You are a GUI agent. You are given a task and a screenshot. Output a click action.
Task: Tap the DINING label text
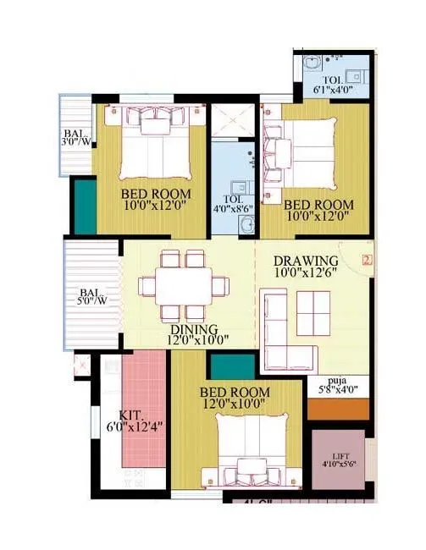click(x=194, y=329)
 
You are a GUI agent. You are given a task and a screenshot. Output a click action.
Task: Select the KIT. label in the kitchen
click(x=130, y=415)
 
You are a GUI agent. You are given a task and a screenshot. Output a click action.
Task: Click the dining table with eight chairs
click(x=183, y=285)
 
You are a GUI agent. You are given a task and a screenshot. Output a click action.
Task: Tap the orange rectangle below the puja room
click(x=338, y=409)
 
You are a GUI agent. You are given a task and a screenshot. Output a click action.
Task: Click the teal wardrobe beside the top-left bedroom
click(x=85, y=206)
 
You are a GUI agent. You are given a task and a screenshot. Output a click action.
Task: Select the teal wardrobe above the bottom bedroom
click(x=232, y=367)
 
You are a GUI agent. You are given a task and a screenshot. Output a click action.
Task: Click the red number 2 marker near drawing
click(x=367, y=261)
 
